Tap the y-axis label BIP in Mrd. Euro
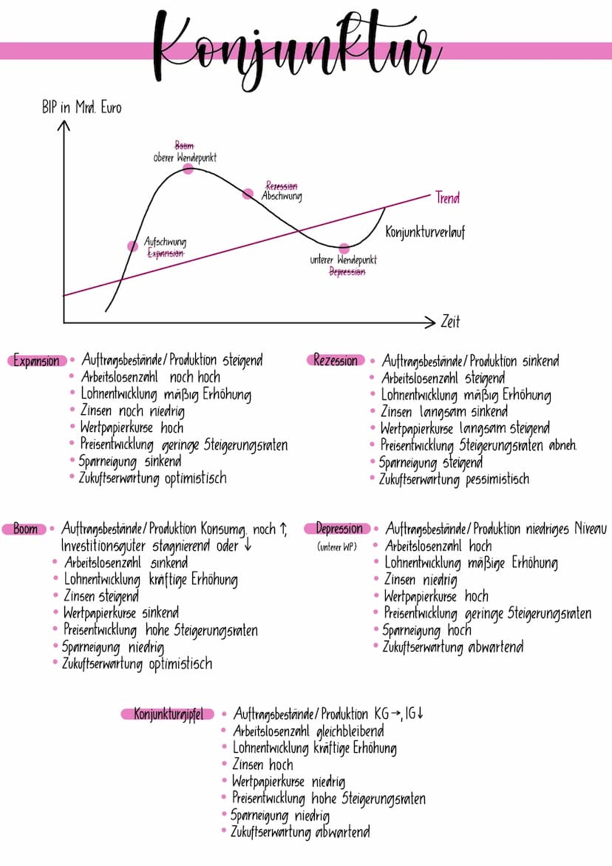pos(82,108)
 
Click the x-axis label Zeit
pos(450,322)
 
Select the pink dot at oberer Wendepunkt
pos(188,169)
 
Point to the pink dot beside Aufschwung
pos(133,246)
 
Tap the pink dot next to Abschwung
pos(248,194)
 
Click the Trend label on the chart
pos(447,197)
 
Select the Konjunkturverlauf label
pos(425,232)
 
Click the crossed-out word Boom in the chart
pos(184,146)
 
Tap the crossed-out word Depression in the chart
pos(347,271)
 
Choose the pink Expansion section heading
pos(37,361)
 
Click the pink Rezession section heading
pos(336,360)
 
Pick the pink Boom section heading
pos(26,529)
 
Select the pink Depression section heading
pos(339,529)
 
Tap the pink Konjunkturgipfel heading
pos(168,714)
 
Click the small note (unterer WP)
pos(337,547)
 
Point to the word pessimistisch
pos(497,478)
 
